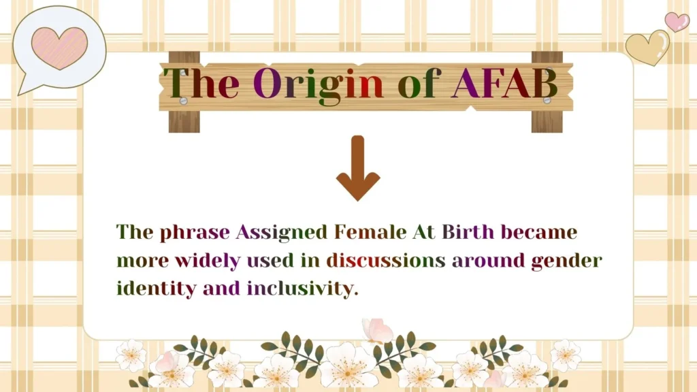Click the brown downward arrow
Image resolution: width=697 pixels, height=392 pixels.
point(358,168)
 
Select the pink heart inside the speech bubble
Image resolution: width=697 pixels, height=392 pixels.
point(60,48)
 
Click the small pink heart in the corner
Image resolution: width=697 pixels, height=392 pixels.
point(676,21)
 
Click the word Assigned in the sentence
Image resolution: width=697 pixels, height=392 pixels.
point(282,232)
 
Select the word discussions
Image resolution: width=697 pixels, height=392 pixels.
point(385,260)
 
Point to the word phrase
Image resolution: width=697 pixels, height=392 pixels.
point(195,233)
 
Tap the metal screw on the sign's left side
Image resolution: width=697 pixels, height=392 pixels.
point(183,101)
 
